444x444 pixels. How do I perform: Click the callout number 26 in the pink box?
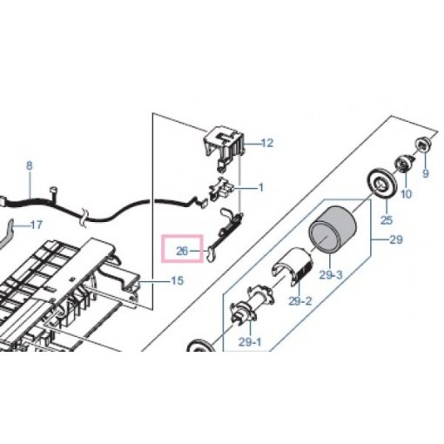point(182,252)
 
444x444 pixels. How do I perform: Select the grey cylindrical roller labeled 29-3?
point(328,234)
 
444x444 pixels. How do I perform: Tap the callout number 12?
point(266,143)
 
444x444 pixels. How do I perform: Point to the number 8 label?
point(29,165)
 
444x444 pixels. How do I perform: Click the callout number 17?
point(36,225)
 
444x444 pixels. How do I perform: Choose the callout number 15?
point(176,280)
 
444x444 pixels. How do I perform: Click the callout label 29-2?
point(299,301)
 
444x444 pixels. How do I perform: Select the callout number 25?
point(386,221)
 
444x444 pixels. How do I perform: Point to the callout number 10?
point(406,194)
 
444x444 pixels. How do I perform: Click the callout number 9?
point(426,173)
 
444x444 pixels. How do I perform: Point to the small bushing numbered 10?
point(403,163)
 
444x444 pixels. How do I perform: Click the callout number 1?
point(259,187)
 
